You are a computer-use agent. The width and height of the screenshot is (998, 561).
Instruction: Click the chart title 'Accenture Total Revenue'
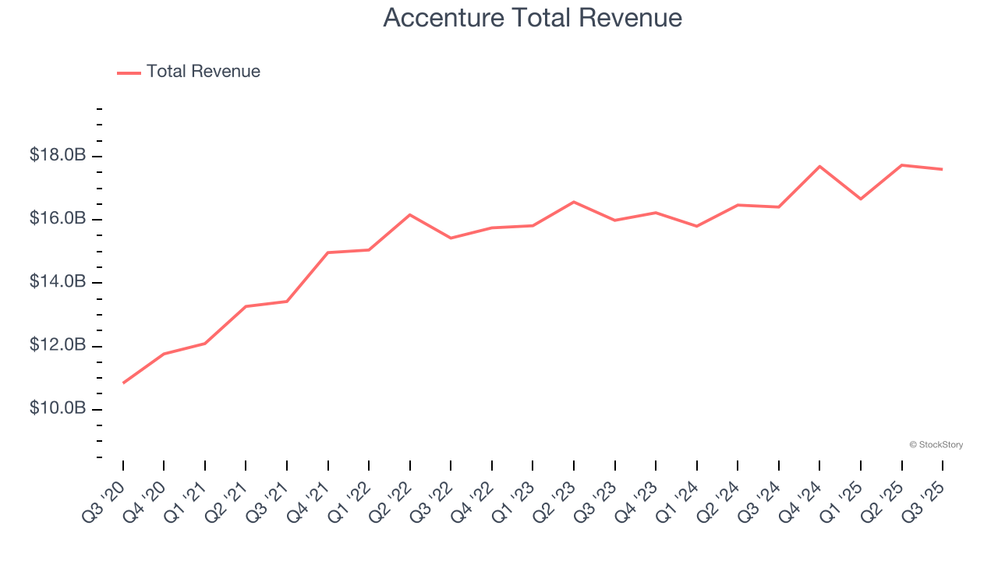click(x=533, y=17)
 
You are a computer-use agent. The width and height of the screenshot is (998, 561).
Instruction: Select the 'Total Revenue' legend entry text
click(x=203, y=72)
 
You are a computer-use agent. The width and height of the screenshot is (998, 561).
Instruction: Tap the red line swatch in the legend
click(x=129, y=72)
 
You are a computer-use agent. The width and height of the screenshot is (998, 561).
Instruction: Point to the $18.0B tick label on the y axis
click(x=58, y=156)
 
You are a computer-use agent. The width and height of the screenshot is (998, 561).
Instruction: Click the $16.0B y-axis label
click(x=58, y=219)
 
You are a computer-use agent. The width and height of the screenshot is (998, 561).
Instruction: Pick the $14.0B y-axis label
click(x=58, y=282)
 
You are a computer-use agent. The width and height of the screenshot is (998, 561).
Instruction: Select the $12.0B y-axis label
click(x=58, y=345)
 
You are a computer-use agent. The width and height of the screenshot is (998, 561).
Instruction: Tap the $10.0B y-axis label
click(x=58, y=409)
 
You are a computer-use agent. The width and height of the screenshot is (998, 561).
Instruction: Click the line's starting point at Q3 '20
click(x=123, y=383)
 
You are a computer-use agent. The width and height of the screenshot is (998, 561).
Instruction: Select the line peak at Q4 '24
click(x=819, y=166)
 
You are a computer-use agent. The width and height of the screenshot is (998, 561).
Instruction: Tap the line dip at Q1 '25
click(x=861, y=199)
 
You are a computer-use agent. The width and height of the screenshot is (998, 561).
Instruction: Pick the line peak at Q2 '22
click(x=410, y=214)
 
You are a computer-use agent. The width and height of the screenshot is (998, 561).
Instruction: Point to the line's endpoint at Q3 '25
click(x=943, y=169)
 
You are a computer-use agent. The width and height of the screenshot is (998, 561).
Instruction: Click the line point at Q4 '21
click(x=328, y=252)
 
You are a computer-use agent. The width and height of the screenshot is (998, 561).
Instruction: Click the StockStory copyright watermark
click(x=936, y=445)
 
